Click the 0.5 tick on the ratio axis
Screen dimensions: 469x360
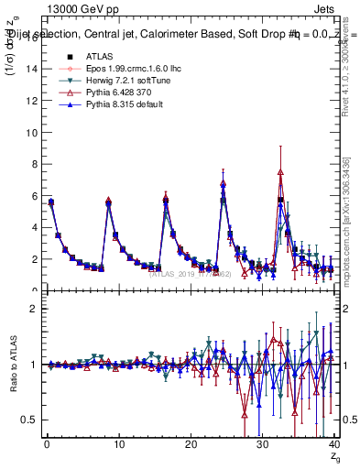tap(30, 420)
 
